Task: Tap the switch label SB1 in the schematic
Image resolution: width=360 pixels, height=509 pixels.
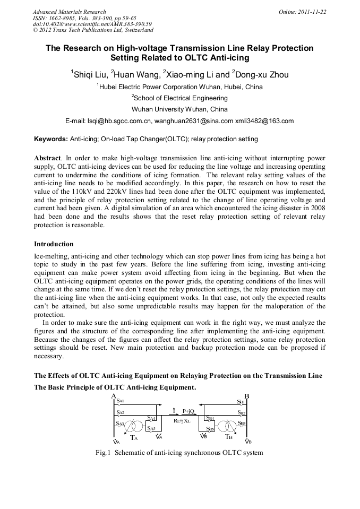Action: point(241,402)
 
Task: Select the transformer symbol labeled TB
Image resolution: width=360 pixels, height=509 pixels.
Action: point(229,427)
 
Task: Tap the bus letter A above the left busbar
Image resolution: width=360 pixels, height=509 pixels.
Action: point(114,396)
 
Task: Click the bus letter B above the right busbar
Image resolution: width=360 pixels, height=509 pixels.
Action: point(246,396)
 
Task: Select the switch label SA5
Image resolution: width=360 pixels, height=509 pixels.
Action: point(151,428)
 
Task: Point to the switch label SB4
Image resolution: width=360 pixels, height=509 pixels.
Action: point(210,419)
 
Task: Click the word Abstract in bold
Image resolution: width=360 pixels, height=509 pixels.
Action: point(47,158)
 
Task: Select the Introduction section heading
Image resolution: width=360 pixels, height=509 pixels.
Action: point(54,244)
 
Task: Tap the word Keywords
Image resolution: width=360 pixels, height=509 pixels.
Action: point(50,139)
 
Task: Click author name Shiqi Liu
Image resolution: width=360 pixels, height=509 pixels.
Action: point(89,75)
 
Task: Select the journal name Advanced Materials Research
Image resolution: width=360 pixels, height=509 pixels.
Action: point(69,11)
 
